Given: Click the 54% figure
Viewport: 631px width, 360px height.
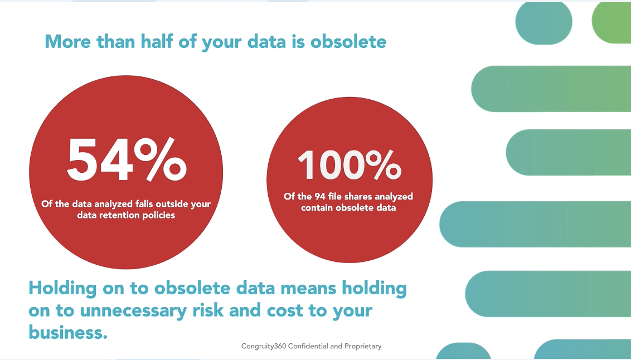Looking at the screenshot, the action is (x=127, y=160).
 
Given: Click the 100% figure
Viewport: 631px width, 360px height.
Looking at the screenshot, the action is (x=350, y=165).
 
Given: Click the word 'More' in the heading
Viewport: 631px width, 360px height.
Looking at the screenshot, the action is (x=67, y=41).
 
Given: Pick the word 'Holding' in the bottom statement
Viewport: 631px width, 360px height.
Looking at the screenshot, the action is (x=63, y=289).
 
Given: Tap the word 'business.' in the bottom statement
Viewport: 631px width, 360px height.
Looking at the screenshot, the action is (x=68, y=332).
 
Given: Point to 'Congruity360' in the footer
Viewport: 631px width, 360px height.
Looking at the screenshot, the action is (x=264, y=346).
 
